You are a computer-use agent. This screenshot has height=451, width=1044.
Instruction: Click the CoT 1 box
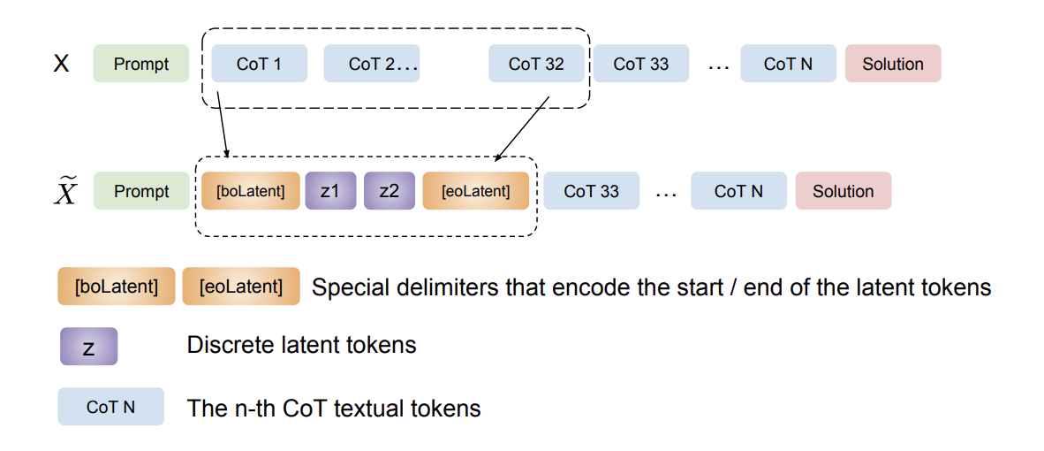[259, 64]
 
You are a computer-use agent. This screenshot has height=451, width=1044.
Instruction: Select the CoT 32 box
[536, 64]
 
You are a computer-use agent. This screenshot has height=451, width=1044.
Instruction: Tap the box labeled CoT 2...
[371, 64]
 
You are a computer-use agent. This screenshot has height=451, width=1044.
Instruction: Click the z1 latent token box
[329, 191]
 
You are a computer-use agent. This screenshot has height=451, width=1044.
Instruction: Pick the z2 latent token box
[389, 191]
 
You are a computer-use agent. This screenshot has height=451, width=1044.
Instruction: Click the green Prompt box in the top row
[141, 64]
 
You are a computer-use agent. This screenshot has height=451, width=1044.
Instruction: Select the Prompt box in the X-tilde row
[141, 191]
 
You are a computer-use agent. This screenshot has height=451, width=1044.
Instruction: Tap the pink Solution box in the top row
[892, 64]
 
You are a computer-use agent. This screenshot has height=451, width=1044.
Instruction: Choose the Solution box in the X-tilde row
[843, 191]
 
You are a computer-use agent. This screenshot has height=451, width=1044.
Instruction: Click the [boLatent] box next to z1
[251, 191]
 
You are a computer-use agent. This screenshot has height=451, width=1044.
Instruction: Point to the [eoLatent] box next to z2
[476, 191]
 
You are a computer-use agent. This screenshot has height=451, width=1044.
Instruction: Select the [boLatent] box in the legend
[116, 287]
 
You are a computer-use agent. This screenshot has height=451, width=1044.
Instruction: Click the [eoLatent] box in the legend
[241, 287]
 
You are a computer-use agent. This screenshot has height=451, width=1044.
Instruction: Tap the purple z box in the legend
[88, 347]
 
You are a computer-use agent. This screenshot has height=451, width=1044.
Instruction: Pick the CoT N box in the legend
[110, 407]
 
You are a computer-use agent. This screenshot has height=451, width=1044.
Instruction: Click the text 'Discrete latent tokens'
[301, 345]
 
